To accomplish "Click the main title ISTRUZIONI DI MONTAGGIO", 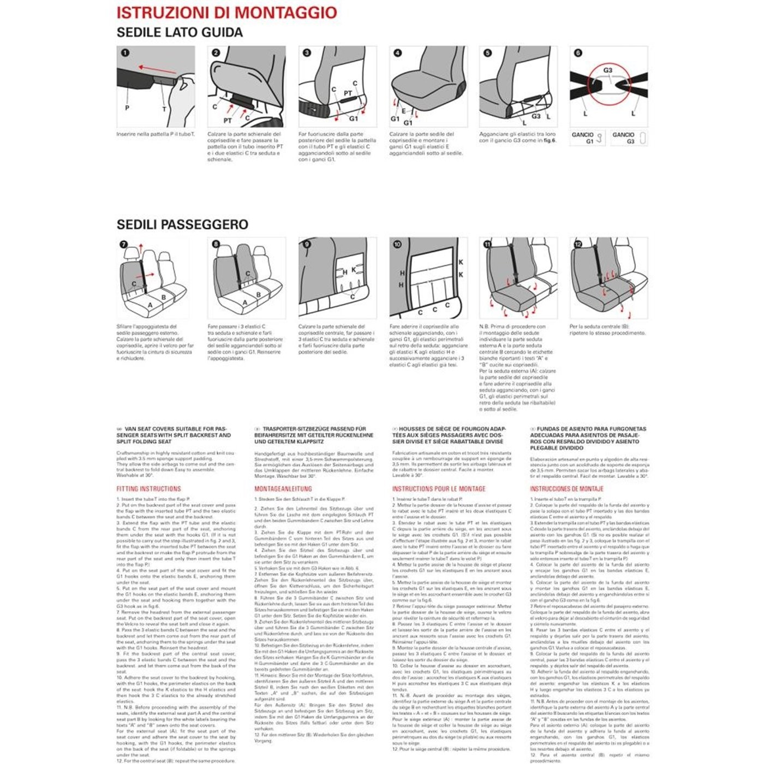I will (226, 13).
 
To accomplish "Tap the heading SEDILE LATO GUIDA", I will (180, 33).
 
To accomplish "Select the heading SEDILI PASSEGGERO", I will (182, 225).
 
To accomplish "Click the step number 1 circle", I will (125, 53).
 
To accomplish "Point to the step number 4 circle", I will (397, 53).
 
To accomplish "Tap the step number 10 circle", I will (397, 244).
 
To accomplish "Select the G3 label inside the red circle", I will (607, 70).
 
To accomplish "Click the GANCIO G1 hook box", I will (587, 138).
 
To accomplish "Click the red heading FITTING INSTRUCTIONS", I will (148, 489).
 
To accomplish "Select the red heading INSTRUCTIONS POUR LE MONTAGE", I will (439, 489).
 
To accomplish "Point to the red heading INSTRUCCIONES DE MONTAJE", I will (566, 489).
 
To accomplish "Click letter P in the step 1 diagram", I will (127, 108).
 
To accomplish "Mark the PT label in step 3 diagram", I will (348, 93).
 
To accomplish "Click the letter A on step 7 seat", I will (150, 305).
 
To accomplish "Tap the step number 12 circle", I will (577, 244).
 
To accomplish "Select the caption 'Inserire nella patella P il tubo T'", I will (156, 134).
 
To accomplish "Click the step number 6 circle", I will (578, 53).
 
